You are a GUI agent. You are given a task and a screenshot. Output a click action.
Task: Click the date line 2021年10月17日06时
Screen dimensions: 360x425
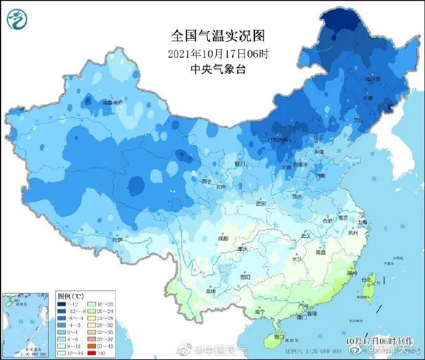pyautogui.click(x=209, y=53)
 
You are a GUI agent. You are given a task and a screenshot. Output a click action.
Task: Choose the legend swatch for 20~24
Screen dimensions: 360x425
pyautogui.click(x=99, y=311)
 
